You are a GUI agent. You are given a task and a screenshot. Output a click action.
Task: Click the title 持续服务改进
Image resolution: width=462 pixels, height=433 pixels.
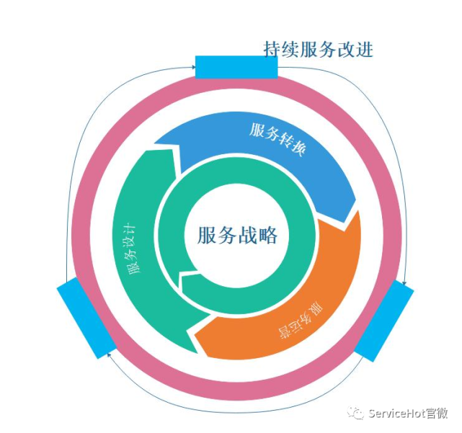[318, 50]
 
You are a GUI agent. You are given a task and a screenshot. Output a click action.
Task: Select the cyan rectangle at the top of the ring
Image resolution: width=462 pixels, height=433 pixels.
[236, 67]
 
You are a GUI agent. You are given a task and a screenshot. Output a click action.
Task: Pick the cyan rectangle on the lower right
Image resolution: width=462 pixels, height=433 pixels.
[383, 321]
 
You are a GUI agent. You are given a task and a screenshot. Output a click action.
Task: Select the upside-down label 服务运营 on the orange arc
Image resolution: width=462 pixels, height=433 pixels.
[299, 325]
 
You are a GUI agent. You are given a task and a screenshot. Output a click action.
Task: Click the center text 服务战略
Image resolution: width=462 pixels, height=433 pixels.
[237, 235]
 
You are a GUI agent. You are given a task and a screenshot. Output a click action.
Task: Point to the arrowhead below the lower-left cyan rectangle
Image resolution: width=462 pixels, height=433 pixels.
[109, 354]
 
